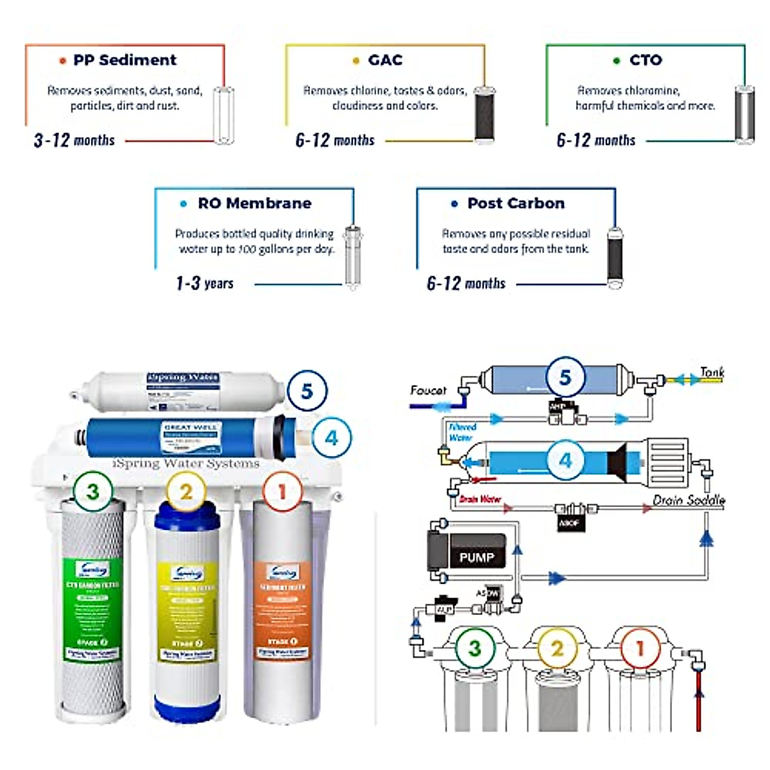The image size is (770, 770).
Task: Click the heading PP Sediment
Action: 124,60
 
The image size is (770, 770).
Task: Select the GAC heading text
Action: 385,60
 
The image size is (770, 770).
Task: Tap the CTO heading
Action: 645,60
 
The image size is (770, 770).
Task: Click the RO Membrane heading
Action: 254,203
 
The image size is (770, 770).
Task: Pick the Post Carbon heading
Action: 516,203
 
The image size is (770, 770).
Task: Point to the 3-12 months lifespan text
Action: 74,141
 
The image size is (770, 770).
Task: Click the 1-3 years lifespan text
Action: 205,284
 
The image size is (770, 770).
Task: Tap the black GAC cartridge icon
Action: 484,114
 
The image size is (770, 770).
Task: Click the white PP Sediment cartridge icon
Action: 223,116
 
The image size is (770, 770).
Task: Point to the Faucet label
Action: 428,390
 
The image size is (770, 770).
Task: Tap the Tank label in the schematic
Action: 712,372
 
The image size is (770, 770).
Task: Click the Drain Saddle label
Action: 689,500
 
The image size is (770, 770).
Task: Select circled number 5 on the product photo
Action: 307,391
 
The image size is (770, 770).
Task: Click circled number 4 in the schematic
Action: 565,460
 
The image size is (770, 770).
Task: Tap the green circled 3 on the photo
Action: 93,492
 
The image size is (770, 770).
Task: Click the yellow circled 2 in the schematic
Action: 557,648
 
